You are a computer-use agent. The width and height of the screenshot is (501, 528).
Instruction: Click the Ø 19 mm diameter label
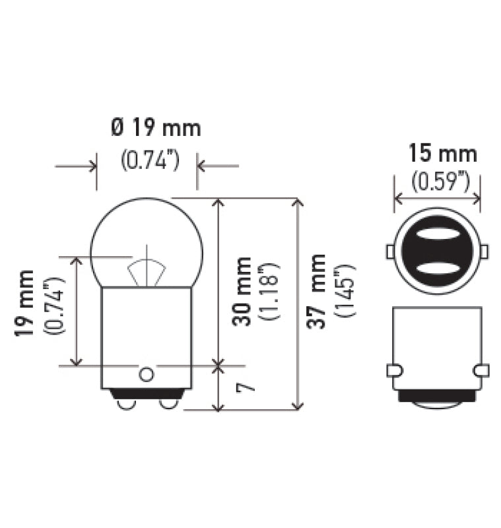click(156, 127)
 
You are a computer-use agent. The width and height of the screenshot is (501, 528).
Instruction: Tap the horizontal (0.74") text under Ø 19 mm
click(150, 160)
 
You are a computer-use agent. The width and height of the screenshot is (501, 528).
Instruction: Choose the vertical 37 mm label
click(319, 290)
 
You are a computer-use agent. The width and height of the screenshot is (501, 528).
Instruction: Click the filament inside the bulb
click(147, 271)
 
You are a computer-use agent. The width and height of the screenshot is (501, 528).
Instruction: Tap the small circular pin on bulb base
click(146, 374)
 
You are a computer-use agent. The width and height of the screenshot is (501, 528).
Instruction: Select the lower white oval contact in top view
click(437, 268)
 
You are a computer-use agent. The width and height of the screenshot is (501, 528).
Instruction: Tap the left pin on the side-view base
click(393, 370)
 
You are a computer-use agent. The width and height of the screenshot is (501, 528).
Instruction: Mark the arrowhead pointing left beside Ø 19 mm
click(203, 166)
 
